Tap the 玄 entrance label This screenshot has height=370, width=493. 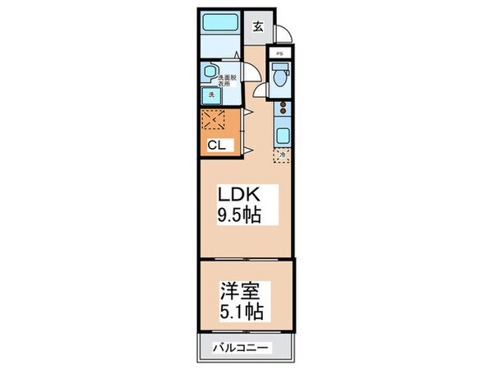click(x=257, y=26)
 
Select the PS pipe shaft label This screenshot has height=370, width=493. click(x=280, y=55)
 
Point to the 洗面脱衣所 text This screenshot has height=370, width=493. click(x=227, y=80)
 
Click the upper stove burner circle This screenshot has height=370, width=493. click(x=283, y=104)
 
